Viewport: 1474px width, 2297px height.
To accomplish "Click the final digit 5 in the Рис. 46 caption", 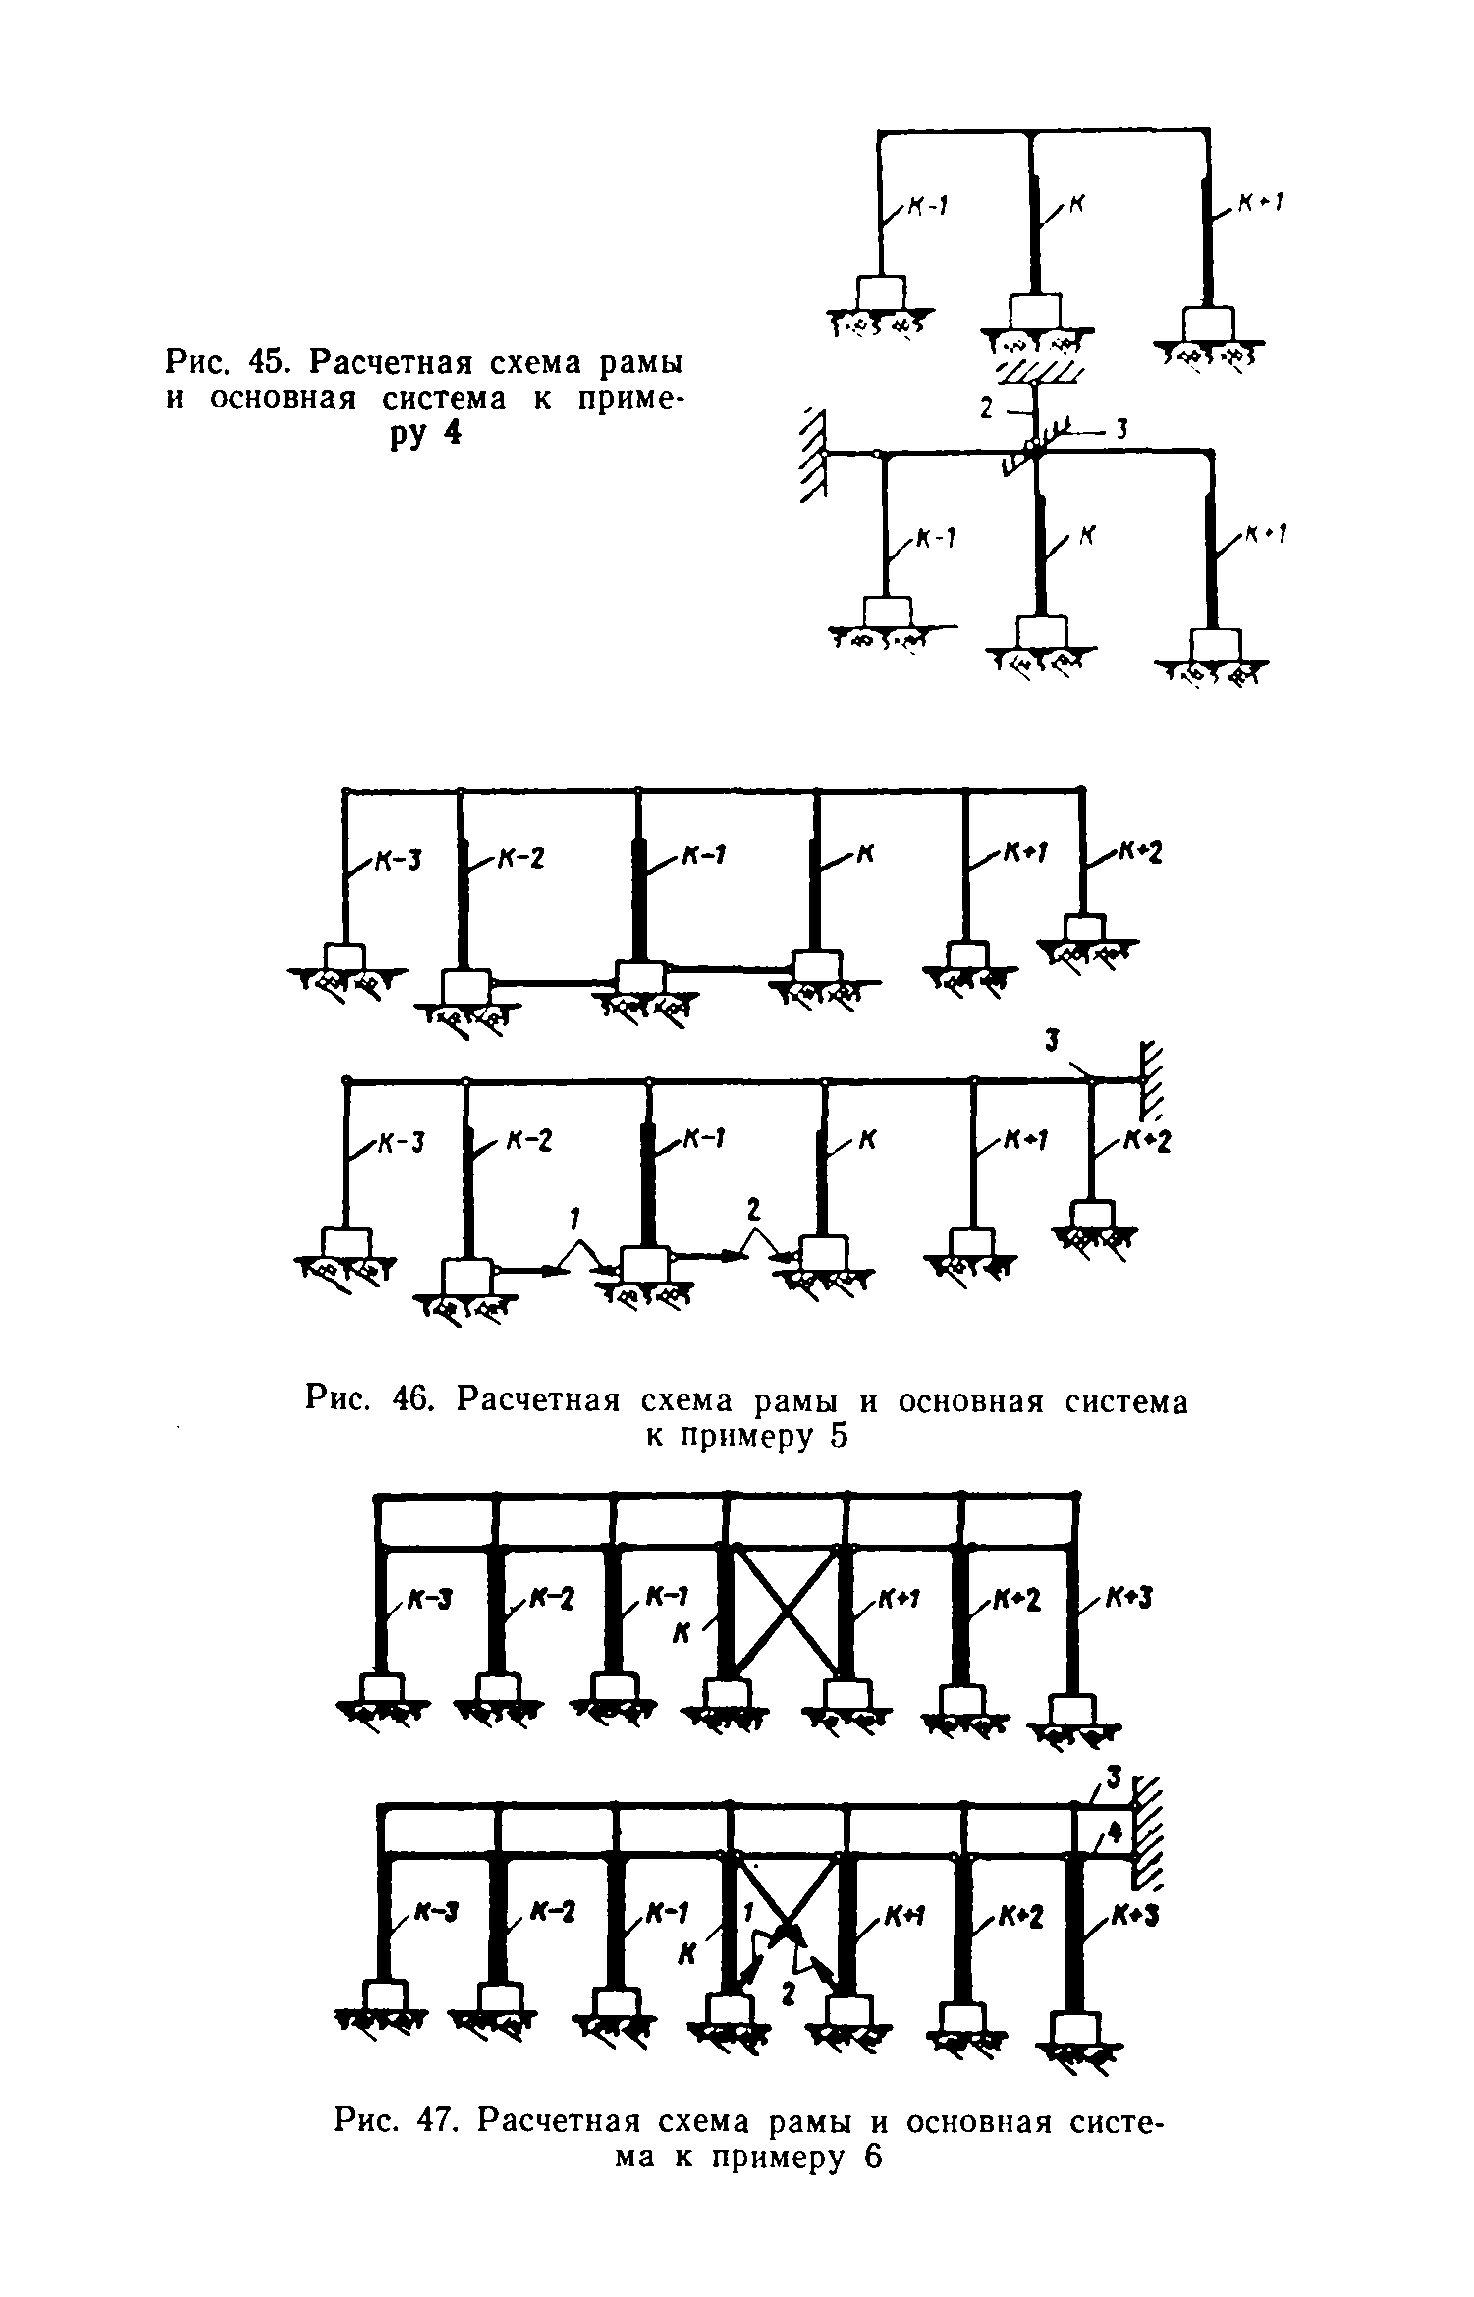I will click(x=836, y=1435).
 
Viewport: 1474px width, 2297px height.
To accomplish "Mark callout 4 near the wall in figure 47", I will click(x=1114, y=1830).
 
